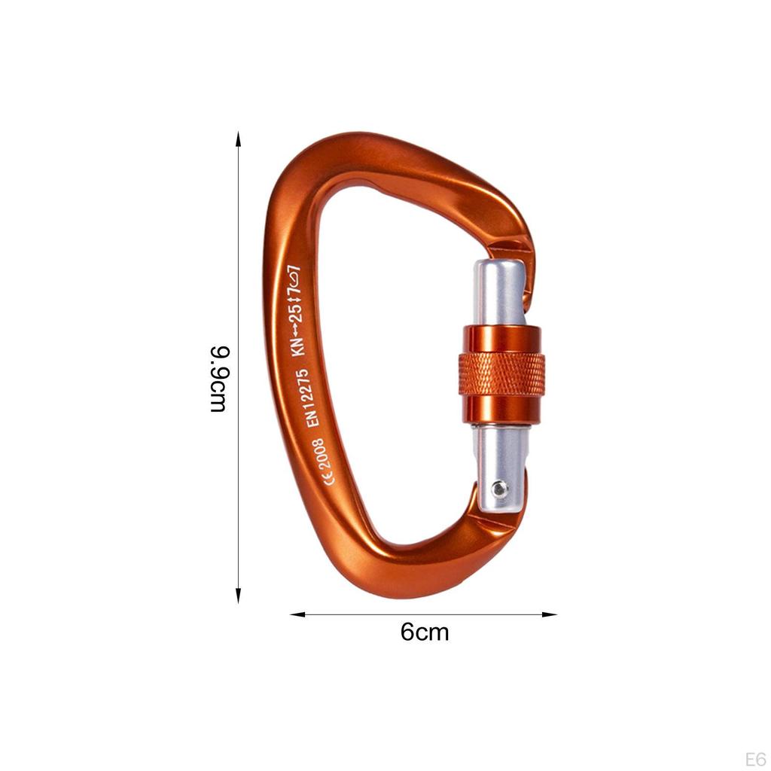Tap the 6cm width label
click(424, 632)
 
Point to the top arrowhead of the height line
click(238, 139)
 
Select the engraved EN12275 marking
click(312, 397)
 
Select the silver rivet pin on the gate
click(499, 489)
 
